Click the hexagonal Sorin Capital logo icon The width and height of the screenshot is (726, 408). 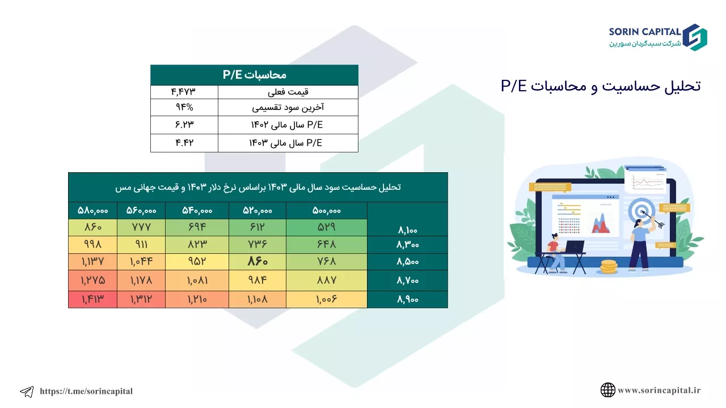pyautogui.click(x=695, y=37)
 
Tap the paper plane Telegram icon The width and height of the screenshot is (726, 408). pyautogui.click(x=27, y=392)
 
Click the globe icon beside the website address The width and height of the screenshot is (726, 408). pyautogui.click(x=607, y=390)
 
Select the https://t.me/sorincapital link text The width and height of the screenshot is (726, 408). pyautogui.click(x=86, y=391)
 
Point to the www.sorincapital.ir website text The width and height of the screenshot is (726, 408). pyautogui.click(x=659, y=390)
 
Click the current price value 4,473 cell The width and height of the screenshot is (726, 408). pyautogui.click(x=184, y=92)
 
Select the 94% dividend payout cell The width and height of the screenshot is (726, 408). pyautogui.click(x=184, y=107)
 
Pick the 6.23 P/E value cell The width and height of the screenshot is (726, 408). pyautogui.click(x=184, y=125)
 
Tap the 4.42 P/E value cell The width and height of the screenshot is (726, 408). pyautogui.click(x=184, y=143)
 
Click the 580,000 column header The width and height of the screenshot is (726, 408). pyautogui.click(x=92, y=211)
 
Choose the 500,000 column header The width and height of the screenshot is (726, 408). pyautogui.click(x=327, y=211)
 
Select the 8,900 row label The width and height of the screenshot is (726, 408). pyautogui.click(x=408, y=299)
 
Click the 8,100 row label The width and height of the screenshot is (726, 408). pyautogui.click(x=408, y=230)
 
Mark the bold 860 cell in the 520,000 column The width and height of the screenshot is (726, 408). pyautogui.click(x=258, y=261)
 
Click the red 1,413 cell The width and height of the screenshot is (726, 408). pyautogui.click(x=92, y=299)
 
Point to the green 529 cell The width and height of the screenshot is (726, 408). pyautogui.click(x=327, y=227)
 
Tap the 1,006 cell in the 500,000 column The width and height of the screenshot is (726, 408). pyautogui.click(x=327, y=299)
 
